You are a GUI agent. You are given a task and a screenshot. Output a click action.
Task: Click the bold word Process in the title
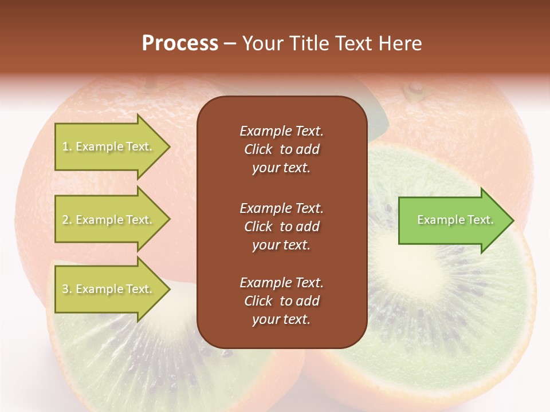180,43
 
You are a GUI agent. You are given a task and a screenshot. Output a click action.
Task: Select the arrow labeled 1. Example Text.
109,146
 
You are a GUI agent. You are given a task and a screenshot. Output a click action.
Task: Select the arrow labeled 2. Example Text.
109,220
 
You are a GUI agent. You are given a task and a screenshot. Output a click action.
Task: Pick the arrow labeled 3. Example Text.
109,289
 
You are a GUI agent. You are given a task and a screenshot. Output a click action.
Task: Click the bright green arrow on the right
453,220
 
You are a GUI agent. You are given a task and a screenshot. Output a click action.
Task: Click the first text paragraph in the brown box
281,149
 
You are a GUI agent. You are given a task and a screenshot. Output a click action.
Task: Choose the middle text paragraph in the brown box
281,226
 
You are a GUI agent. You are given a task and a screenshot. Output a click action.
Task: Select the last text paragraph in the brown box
281,301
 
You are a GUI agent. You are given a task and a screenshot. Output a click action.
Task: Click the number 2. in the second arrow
67,220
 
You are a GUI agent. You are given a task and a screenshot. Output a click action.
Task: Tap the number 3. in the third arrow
67,289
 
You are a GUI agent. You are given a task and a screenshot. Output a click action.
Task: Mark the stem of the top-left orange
151,86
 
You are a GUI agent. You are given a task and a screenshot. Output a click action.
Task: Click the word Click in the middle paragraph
258,226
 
